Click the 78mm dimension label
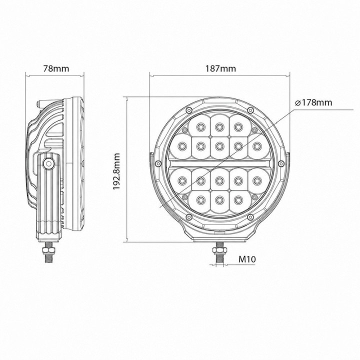pyautogui.click(x=56, y=68)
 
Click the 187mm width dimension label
pyautogui.click(x=220, y=68)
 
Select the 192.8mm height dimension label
pyautogui.click(x=117, y=171)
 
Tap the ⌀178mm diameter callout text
pyautogui.click(x=313, y=102)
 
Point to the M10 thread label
pyautogui.click(x=247, y=259)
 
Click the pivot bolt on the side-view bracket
pyautogui.click(x=48, y=163)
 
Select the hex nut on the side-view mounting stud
pyautogui.click(x=48, y=250)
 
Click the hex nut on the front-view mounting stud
pyautogui.click(x=219, y=250)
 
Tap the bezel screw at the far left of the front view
pyautogui.click(x=157, y=163)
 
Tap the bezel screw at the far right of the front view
pyautogui.click(x=281, y=163)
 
